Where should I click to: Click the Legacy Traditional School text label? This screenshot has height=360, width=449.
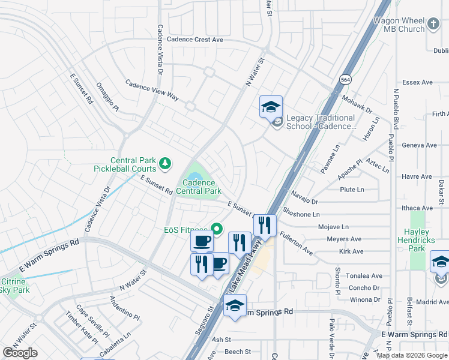point(321,122)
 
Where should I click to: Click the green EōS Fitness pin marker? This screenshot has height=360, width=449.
point(217,229)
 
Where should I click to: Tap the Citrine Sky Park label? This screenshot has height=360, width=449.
point(12,286)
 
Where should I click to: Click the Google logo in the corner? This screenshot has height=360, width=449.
point(20,353)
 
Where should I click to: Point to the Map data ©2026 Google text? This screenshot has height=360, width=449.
point(412,355)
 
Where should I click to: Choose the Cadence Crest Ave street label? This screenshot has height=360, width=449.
point(195,40)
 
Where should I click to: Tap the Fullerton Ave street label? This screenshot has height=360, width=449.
point(296,244)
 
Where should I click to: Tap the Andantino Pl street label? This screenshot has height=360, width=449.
point(124,308)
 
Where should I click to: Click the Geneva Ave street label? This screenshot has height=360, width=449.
point(419,145)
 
